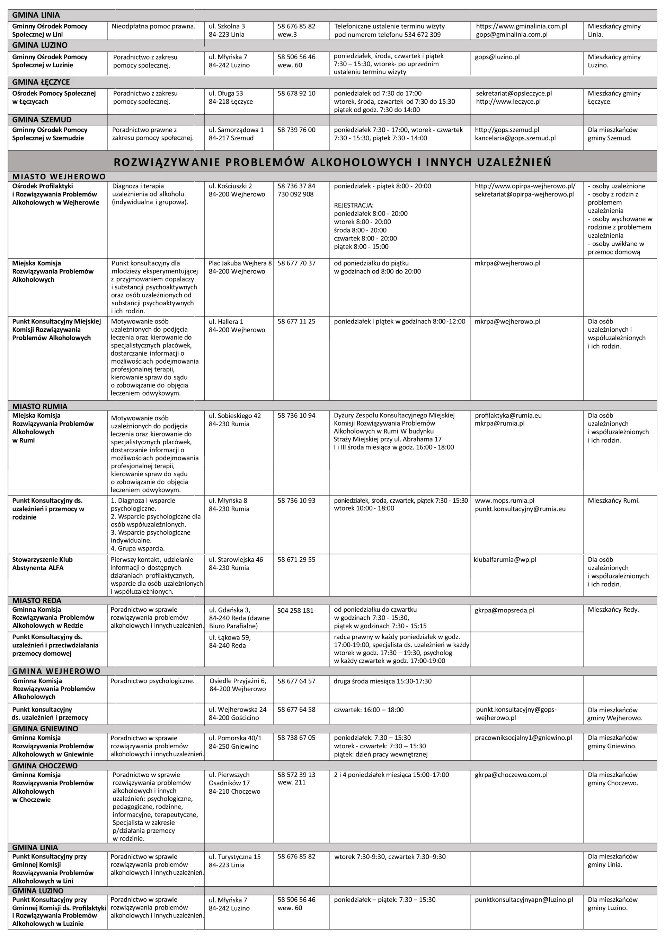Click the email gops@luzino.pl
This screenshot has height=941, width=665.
[497, 57]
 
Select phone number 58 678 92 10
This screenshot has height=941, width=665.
[296, 94]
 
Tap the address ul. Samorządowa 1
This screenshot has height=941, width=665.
[236, 130]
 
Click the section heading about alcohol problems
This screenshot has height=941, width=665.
[332, 162]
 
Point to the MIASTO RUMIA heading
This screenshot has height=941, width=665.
[40, 407]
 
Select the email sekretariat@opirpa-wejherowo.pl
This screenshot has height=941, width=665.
[524, 194]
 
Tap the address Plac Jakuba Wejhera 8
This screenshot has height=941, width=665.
[240, 263]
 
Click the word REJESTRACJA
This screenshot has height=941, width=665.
[354, 205]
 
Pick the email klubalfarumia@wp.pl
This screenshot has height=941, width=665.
[505, 560]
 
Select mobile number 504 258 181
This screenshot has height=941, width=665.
[295, 611]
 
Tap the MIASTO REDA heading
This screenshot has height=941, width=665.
[37, 601]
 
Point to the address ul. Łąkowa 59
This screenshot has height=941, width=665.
[230, 638]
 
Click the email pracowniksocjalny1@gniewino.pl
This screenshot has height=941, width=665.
[523, 738]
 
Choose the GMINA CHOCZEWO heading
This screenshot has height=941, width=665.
[45, 766]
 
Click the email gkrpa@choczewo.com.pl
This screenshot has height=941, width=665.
[511, 775]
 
